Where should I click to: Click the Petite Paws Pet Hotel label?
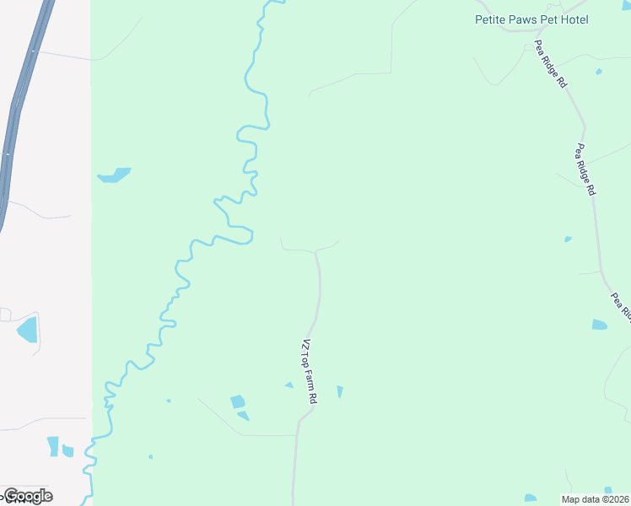tap(531, 19)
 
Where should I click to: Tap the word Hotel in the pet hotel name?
tap(573, 19)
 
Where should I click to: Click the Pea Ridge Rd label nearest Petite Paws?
tap(550, 66)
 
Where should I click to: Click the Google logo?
tap(28, 495)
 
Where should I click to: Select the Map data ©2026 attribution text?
tap(596, 499)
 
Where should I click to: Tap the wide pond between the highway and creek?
tap(114, 175)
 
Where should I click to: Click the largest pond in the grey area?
tap(28, 328)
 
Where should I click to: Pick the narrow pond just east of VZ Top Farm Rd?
tap(340, 391)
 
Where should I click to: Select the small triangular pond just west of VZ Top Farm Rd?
tap(289, 385)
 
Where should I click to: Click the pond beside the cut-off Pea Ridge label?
tap(599, 325)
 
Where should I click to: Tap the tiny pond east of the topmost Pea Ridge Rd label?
tap(598, 72)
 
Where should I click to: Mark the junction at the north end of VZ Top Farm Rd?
tap(316, 251)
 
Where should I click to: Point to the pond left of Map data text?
tap(531, 498)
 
